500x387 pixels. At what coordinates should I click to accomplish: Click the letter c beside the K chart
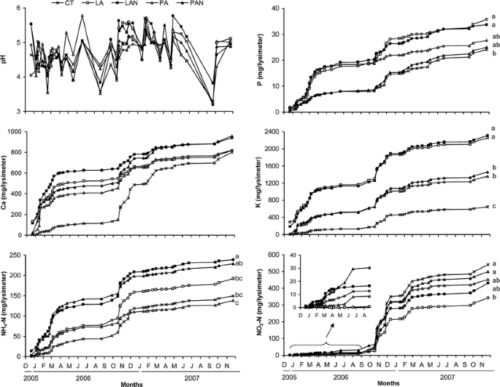coord(495,206)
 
